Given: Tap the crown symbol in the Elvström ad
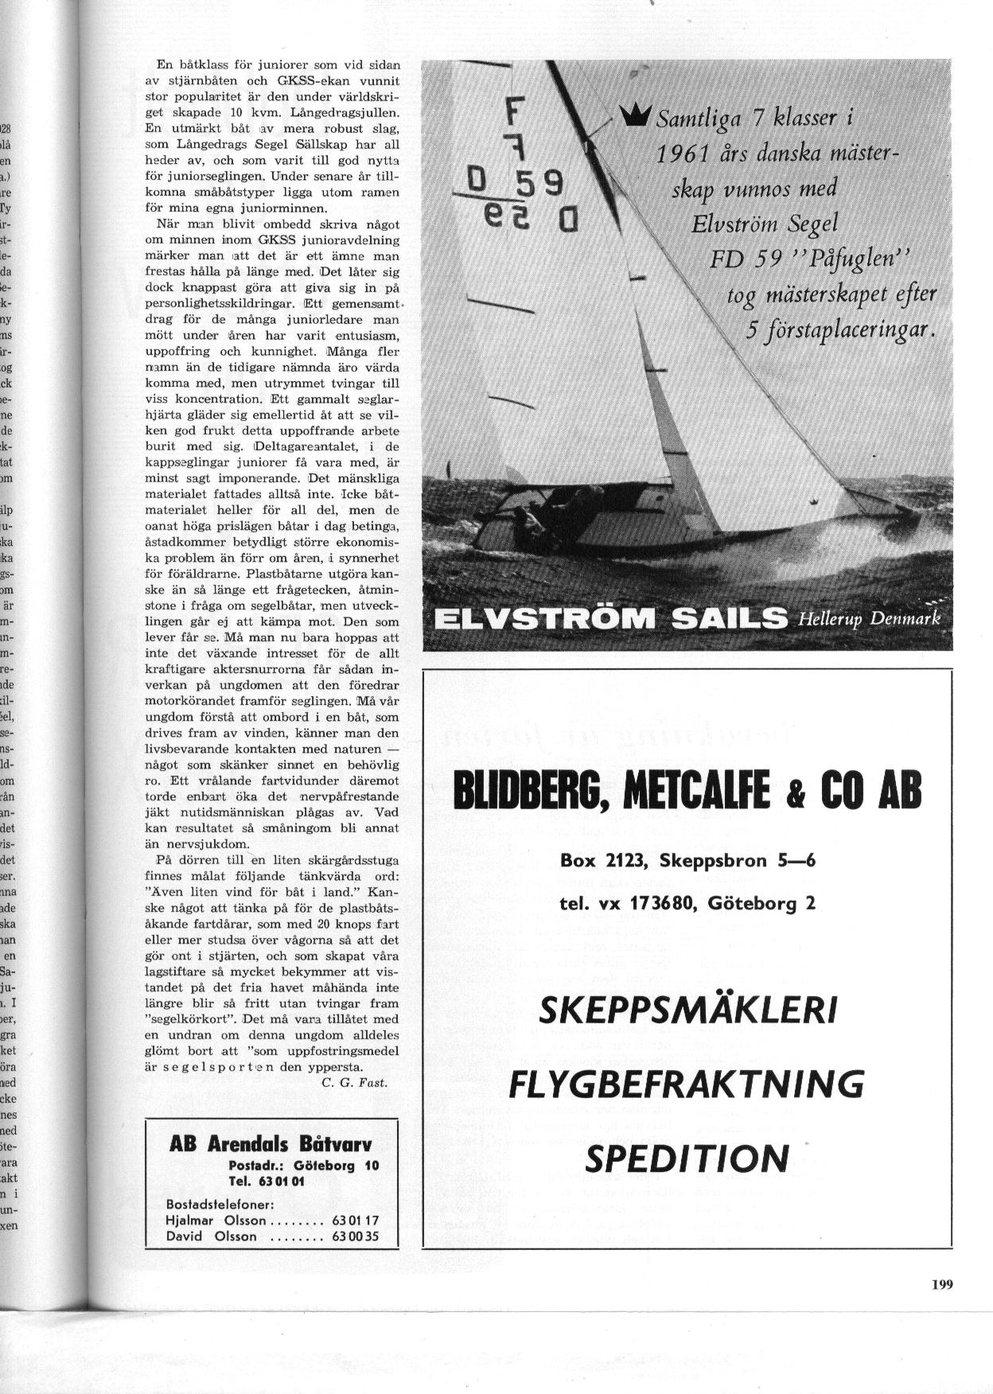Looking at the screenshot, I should [637, 116].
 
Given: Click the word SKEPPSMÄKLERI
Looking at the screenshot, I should [688, 1012].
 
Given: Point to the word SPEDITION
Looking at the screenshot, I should [687, 1158].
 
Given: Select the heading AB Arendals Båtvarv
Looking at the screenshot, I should [271, 1145].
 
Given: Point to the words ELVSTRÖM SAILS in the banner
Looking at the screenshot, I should [609, 618].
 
